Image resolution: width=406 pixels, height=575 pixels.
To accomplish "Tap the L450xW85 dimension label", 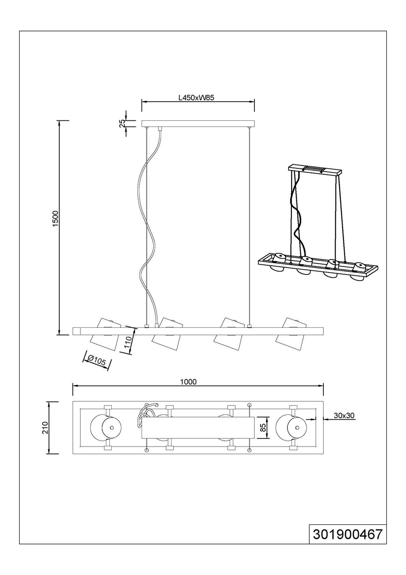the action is pos(196,97).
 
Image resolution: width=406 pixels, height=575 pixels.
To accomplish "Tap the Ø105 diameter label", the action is pos(97,361).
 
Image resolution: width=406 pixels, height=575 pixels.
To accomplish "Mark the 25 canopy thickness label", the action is pos(122,123).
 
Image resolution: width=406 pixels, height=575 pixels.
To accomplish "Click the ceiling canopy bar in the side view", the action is pos(198,123).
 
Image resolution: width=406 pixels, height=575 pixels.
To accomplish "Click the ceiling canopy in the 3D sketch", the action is pos(315,170).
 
